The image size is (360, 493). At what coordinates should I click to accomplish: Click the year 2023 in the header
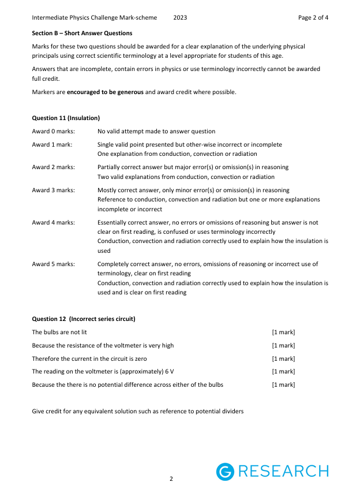[180, 17]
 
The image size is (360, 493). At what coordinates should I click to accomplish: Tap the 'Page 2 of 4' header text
[313, 17]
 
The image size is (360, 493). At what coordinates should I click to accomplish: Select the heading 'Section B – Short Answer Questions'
[82, 33]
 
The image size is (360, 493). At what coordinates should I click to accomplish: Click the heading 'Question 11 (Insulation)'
[66, 118]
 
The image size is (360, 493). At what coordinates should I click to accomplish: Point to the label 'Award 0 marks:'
[53, 131]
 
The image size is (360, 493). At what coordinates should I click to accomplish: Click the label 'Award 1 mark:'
[52, 144]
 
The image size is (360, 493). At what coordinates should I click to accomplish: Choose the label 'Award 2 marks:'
[53, 167]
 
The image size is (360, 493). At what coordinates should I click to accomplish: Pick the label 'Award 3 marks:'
[53, 190]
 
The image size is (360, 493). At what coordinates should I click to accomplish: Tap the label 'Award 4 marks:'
[53, 222]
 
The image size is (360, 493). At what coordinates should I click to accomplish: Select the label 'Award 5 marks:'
[53, 264]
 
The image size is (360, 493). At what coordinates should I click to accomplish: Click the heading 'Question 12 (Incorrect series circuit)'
[84, 319]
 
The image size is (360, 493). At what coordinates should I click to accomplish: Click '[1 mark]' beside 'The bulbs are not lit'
[283, 332]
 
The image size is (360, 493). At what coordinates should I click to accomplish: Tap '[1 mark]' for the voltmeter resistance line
[283, 345]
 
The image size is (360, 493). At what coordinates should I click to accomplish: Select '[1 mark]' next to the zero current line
[283, 358]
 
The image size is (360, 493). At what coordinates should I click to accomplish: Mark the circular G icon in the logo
[225, 472]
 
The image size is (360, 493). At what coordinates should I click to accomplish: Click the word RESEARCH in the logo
[283, 472]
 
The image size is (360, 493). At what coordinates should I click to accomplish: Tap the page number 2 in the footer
[171, 479]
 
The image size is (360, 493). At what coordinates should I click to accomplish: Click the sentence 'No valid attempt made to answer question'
[156, 131]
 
